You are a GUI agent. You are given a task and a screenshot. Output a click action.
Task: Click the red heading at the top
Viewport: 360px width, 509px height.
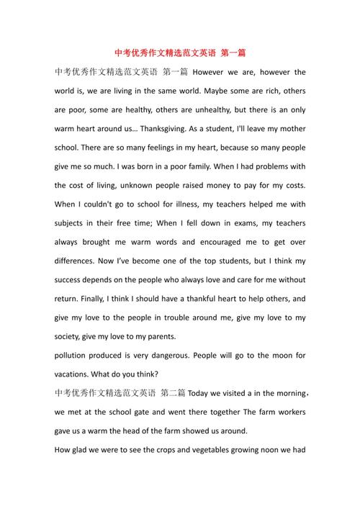[x=180, y=53]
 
